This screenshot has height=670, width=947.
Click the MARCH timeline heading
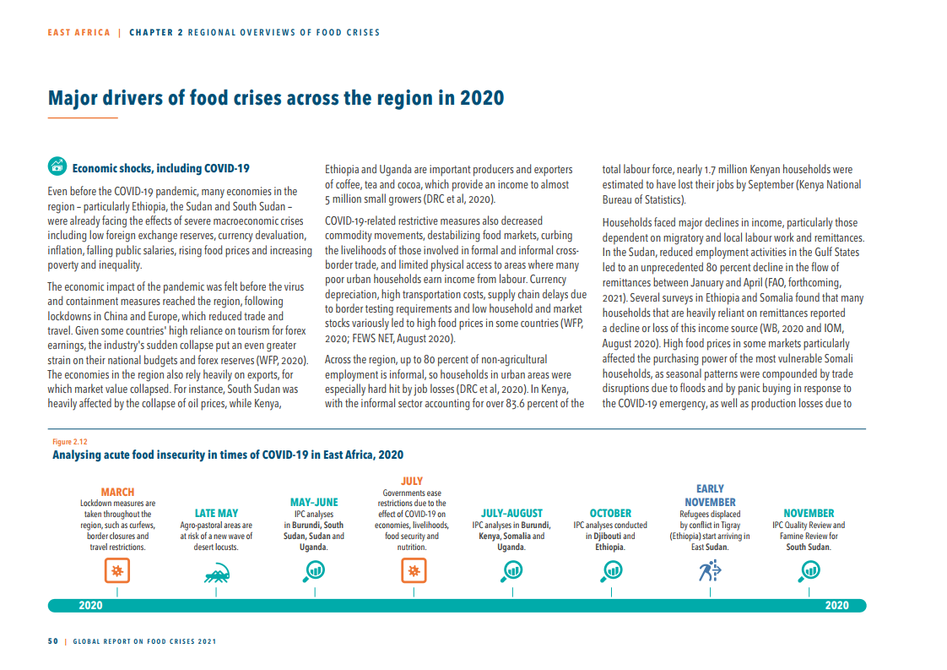117,492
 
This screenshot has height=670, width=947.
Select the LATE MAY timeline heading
216,513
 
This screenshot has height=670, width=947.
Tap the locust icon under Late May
216,575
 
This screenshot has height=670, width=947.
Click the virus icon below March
117,572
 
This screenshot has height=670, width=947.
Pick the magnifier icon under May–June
314,572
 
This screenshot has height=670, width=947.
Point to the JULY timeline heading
412,481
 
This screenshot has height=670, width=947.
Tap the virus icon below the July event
413,572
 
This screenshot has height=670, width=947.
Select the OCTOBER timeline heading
610,513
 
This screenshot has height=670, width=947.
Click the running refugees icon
709,572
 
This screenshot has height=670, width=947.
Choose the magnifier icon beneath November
808,572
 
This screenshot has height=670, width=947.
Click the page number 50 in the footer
52,641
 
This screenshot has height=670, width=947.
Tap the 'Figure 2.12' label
69,442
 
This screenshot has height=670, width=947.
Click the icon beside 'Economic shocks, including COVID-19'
57,167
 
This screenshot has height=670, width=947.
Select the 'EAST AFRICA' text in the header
79,33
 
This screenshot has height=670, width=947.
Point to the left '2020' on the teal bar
90,606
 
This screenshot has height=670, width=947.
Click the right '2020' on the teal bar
836,606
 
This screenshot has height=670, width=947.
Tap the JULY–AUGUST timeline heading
511,513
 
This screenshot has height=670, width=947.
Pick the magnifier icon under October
610,572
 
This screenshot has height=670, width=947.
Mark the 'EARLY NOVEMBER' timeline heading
710,495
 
